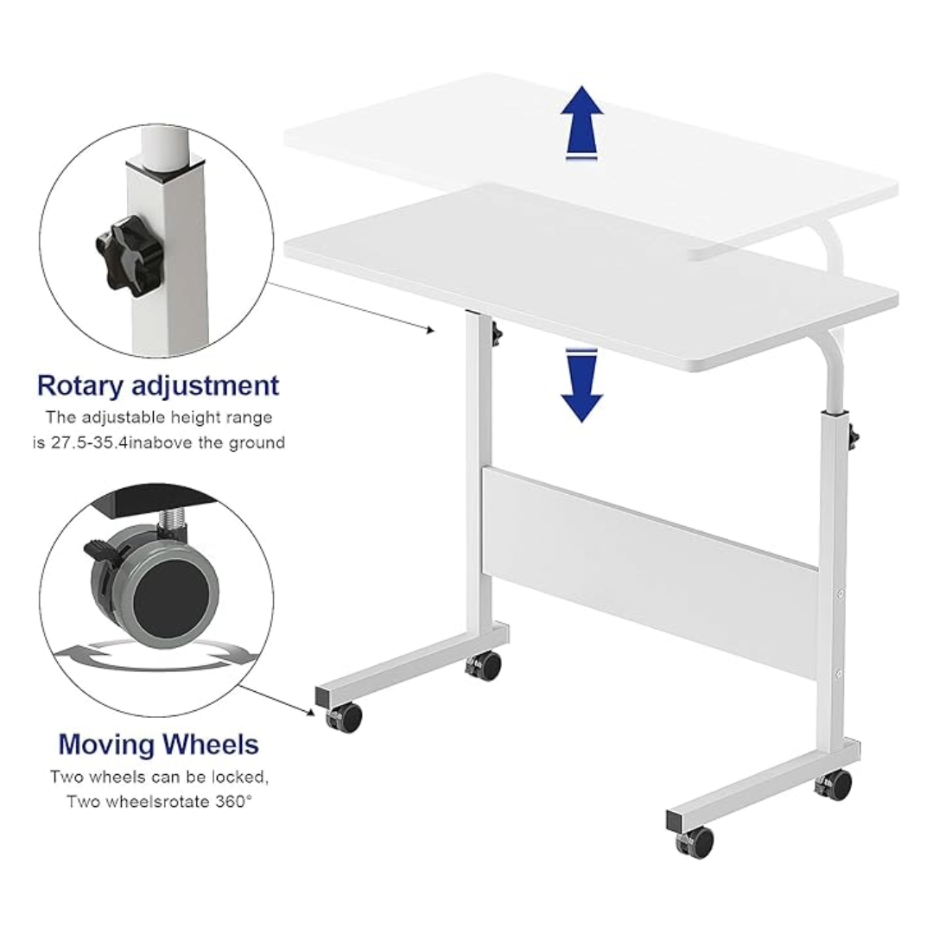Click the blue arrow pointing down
click(x=581, y=389)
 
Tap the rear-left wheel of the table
click(x=486, y=665)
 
